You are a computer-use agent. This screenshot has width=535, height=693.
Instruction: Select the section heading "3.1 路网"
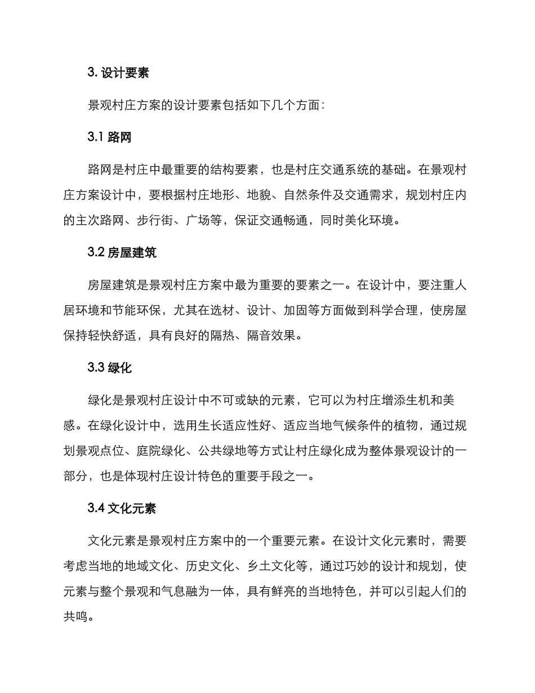click(110, 137)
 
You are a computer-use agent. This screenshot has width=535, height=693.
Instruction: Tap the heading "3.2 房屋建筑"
click(122, 252)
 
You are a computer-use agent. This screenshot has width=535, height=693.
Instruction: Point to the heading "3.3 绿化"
click(110, 368)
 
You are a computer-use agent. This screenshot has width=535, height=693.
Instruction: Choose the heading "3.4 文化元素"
click(122, 509)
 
